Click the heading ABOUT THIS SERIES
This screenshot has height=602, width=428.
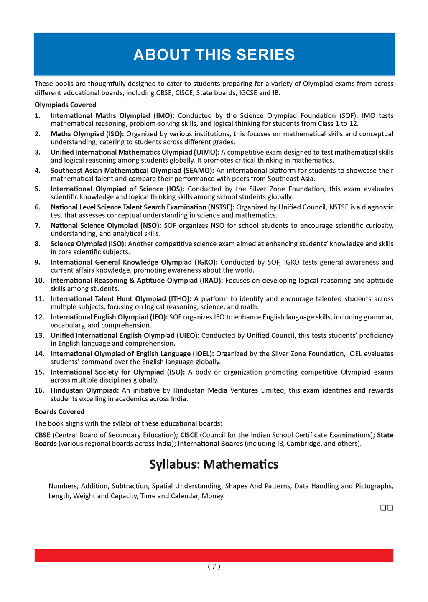pyautogui.click(x=214, y=55)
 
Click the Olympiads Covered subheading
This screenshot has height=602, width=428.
pyautogui.click(x=65, y=105)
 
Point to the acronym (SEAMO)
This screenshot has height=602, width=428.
pyautogui.click(x=199, y=171)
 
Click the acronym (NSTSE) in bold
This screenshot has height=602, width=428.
pyautogui.click(x=221, y=207)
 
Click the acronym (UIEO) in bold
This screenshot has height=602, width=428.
pyautogui.click(x=188, y=335)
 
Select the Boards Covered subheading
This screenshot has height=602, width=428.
pyautogui.click(x=59, y=412)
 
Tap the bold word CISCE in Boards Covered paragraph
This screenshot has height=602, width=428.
pyautogui.click(x=189, y=435)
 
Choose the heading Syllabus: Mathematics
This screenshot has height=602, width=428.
pyautogui.click(x=214, y=464)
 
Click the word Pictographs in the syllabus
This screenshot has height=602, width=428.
pyautogui.click(x=374, y=486)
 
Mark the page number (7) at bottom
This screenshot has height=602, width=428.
pyautogui.click(x=214, y=566)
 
